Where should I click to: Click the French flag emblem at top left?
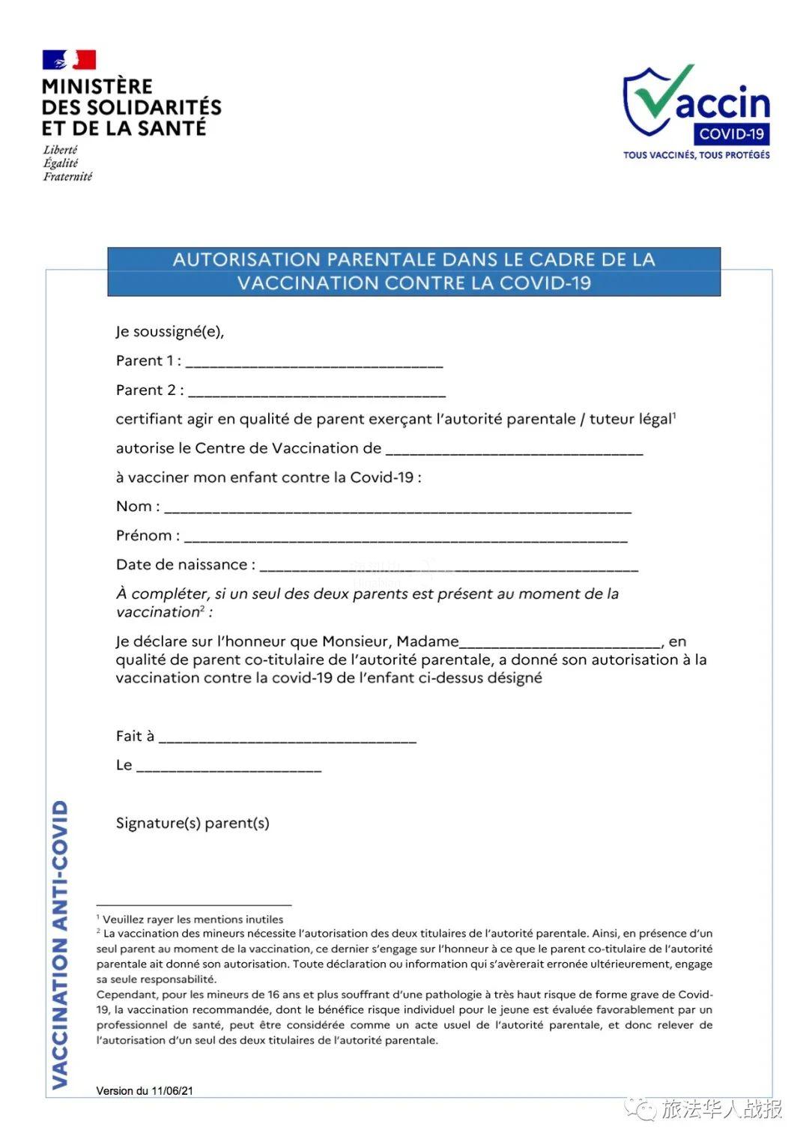pos(69,60)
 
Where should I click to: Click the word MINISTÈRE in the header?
pos(97,86)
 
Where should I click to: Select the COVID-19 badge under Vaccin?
pos(731,134)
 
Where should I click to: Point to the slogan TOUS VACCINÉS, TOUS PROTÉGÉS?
pos(696,155)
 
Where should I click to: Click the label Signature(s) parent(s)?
pos(193,823)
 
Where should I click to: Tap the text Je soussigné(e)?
pos(170,331)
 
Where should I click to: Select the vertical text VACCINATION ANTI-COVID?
pos(60,944)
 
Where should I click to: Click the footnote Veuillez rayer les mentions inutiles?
pos(193,919)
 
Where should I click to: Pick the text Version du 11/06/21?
pos(145,1090)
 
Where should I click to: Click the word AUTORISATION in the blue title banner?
pos(246,259)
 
